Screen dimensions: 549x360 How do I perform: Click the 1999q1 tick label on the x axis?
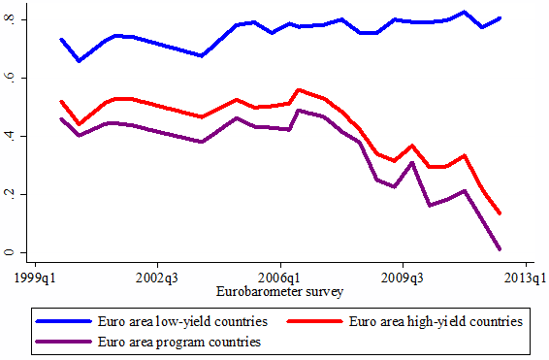pyautogui.click(x=35, y=278)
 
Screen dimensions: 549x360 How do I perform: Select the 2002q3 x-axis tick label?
pyautogui.click(x=157, y=278)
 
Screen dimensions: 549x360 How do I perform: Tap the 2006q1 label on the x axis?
pyautogui.click(x=279, y=278)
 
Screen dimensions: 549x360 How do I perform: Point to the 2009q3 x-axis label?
pyautogui.click(x=403, y=278)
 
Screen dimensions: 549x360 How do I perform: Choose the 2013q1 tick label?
pyautogui.click(x=525, y=278)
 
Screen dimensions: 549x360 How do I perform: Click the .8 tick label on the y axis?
pyautogui.click(x=10, y=19)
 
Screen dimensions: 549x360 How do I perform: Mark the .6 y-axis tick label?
pyautogui.click(x=10, y=78)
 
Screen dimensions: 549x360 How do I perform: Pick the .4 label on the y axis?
pyautogui.click(x=10, y=136)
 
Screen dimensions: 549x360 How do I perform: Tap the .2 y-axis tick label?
pyautogui.click(x=10, y=194)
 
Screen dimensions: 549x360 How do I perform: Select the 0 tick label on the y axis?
pyautogui.click(x=10, y=252)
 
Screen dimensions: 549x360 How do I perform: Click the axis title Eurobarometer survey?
pyautogui.click(x=279, y=292)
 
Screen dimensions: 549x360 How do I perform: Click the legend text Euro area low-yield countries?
pyautogui.click(x=182, y=321)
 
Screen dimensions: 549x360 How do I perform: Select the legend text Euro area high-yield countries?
pyautogui.click(x=436, y=321)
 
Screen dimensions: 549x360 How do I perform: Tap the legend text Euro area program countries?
pyautogui.click(x=179, y=342)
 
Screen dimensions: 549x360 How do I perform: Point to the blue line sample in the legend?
pyautogui.click(x=64, y=321)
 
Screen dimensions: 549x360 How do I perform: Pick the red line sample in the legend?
pyautogui.click(x=315, y=321)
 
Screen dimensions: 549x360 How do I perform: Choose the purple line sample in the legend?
pyautogui.click(x=64, y=342)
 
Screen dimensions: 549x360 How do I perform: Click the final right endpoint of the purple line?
pyautogui.click(x=500, y=249)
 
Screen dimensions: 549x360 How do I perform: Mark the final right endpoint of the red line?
pyautogui.click(x=500, y=213)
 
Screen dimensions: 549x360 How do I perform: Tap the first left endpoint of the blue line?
pyautogui.click(x=61, y=40)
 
